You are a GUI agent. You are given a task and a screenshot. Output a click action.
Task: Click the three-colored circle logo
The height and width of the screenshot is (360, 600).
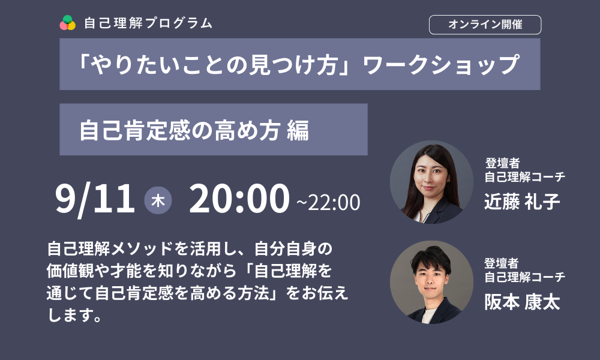point(67,23)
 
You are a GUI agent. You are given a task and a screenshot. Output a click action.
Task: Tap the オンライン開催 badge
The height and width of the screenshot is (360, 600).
point(485,25)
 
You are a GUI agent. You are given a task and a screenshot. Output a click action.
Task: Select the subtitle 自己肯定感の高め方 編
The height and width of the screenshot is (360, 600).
point(194,130)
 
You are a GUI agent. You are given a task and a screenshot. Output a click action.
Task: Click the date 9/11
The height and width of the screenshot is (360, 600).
point(95,199)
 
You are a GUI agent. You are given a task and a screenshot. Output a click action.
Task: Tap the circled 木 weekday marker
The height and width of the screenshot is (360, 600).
point(158,200)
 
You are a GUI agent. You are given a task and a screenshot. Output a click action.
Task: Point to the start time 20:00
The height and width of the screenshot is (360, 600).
point(239,199)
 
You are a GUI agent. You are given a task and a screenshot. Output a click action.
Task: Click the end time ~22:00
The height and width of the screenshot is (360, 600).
point(328,202)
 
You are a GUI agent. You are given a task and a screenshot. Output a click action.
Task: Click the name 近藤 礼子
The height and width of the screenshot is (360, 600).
point(522,202)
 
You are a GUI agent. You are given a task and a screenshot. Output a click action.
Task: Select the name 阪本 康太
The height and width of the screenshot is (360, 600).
point(522,302)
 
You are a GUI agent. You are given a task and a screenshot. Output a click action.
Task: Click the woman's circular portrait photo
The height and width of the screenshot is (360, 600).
point(431,182)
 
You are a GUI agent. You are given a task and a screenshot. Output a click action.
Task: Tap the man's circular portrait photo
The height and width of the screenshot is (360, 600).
point(431,283)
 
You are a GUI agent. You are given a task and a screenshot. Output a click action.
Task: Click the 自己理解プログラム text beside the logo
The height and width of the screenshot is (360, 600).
point(148,23)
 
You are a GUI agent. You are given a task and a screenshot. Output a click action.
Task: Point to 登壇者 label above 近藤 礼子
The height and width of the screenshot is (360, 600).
point(502,163)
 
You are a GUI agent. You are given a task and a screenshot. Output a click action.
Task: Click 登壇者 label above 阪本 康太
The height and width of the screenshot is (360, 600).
point(501,263)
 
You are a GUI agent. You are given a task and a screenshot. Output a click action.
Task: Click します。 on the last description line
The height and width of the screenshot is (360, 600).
point(74,315)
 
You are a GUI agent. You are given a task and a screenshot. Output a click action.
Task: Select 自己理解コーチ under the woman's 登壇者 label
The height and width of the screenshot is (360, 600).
point(525,177)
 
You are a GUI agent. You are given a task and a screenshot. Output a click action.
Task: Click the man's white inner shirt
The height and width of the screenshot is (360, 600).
point(429,316)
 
